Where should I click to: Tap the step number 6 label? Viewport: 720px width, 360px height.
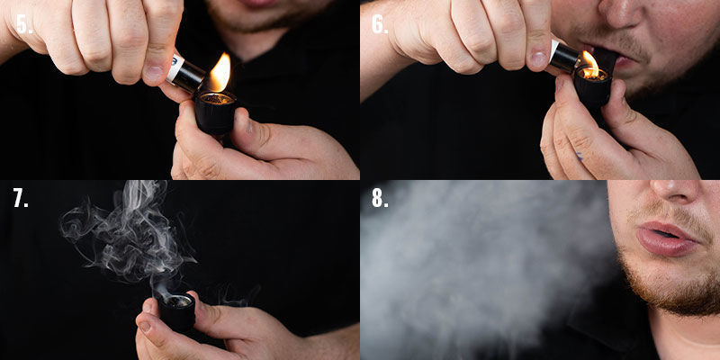381,23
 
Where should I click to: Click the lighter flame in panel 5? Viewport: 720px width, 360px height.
220,74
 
